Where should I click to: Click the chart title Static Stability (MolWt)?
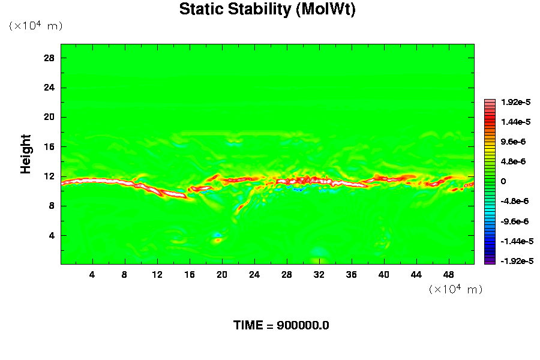pyautogui.click(x=267, y=10)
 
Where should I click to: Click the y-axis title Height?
pyautogui.click(x=26, y=161)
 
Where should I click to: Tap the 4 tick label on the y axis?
pyautogui.click(x=52, y=235)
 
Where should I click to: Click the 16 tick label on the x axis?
pyautogui.click(x=190, y=275)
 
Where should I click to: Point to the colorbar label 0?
pyautogui.click(x=503, y=181)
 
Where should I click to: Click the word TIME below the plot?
pyautogui.click(x=248, y=326)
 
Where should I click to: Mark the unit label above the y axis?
pyautogui.click(x=35, y=26)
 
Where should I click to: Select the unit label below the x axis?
pyautogui.click(x=455, y=289)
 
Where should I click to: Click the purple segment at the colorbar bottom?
pyautogui.click(x=490, y=261)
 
